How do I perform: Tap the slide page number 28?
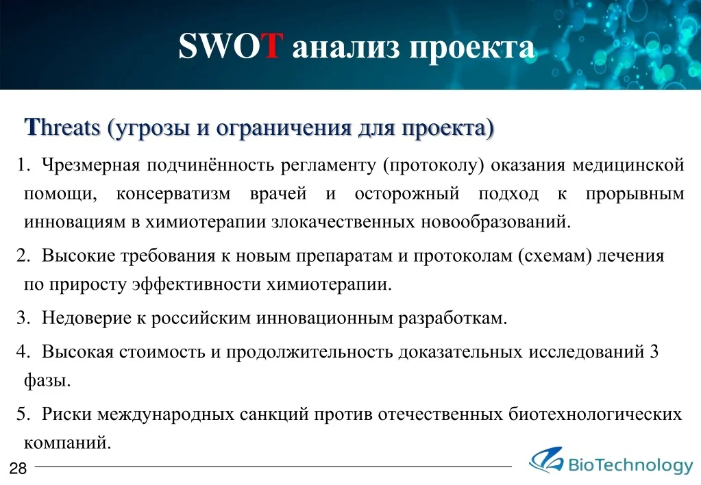[x=18, y=469]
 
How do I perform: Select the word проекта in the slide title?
[x=472, y=48]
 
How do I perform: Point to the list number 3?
[x=23, y=318]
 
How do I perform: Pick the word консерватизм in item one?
[x=173, y=194]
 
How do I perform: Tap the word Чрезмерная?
[x=91, y=165]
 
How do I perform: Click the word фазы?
[x=47, y=380]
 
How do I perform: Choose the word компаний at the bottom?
[x=68, y=443]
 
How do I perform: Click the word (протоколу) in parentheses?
[x=434, y=165]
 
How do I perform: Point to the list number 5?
[x=23, y=414]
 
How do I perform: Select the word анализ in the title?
[x=346, y=48]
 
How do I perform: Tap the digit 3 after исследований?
[x=654, y=352]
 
